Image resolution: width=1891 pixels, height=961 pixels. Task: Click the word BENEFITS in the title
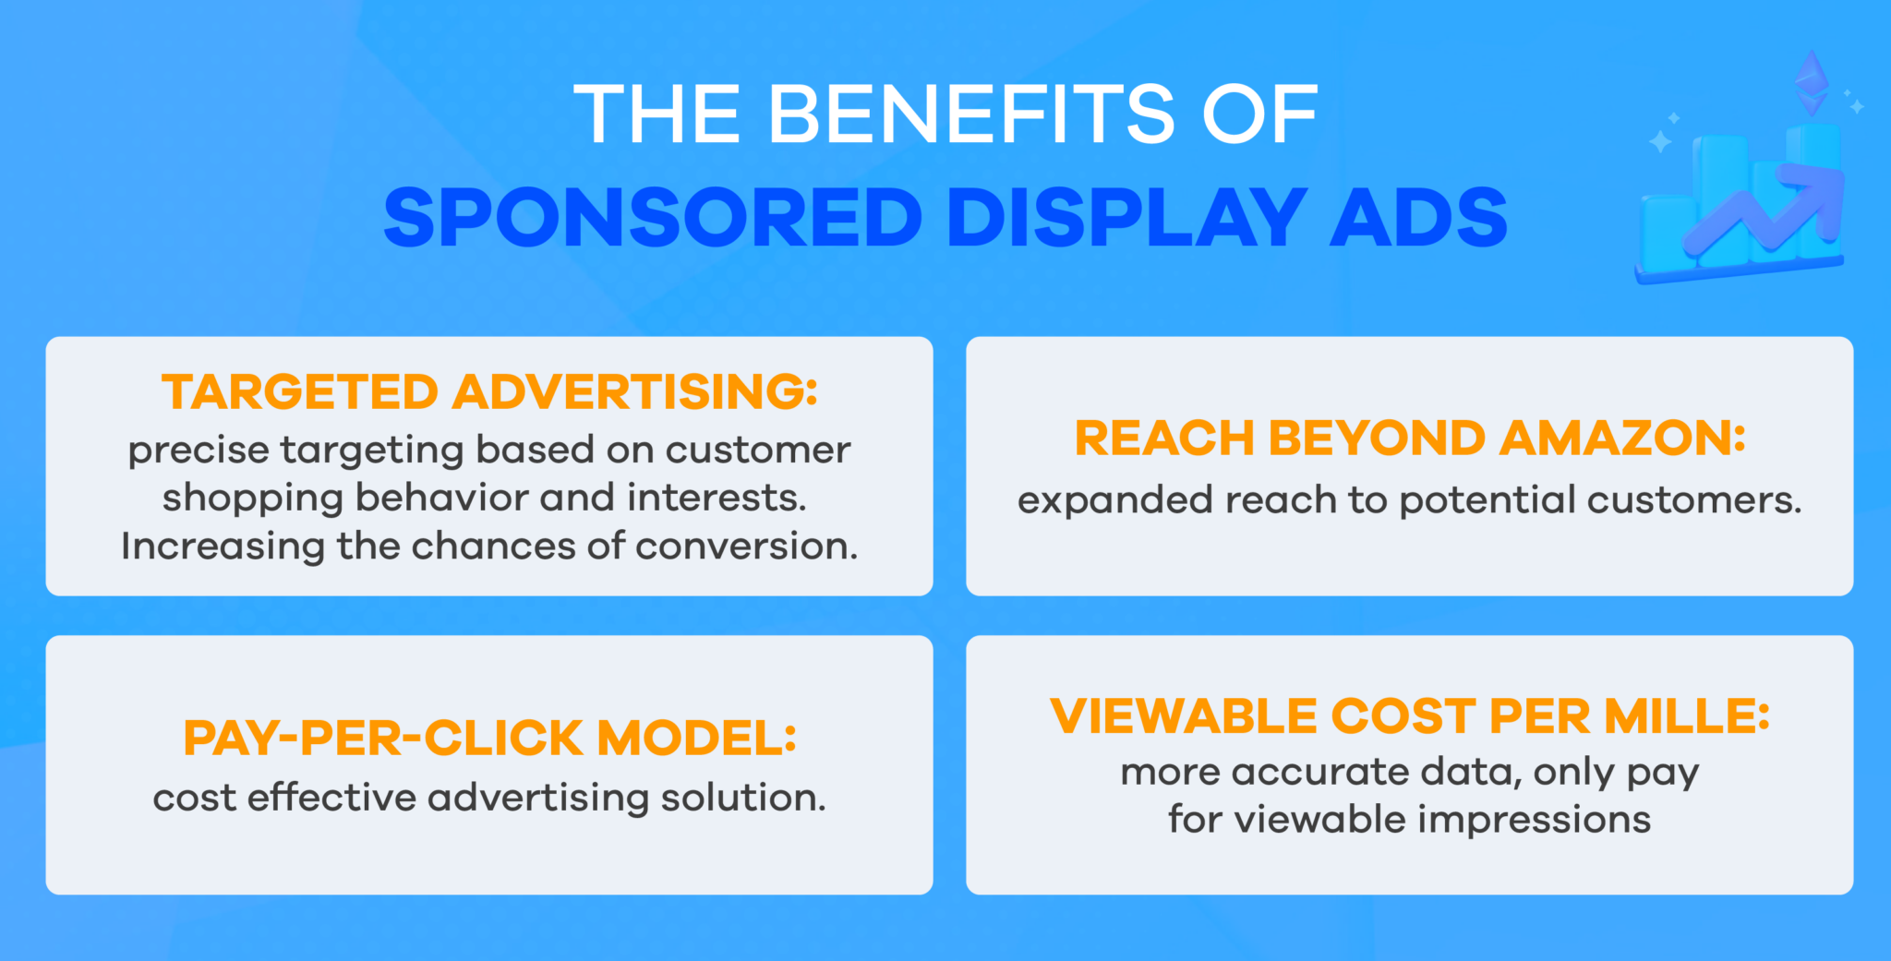pyautogui.click(x=971, y=114)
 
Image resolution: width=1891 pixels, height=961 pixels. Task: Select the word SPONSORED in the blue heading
pyautogui.click(x=653, y=218)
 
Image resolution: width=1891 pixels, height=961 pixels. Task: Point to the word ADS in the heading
pyautogui.click(x=1418, y=218)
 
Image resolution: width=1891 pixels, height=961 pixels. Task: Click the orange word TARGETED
pyautogui.click(x=300, y=391)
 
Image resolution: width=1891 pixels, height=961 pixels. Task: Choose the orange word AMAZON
pyautogui.click(x=1622, y=438)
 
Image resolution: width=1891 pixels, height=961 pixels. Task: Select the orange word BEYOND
pyautogui.click(x=1377, y=438)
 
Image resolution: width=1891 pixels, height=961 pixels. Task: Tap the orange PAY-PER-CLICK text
pyautogui.click(x=383, y=739)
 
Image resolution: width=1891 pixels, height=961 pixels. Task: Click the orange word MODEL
pyautogui.click(x=697, y=739)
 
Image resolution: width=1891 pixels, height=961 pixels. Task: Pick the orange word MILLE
pyautogui.click(x=1687, y=716)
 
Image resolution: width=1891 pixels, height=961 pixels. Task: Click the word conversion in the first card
pyautogui.click(x=746, y=547)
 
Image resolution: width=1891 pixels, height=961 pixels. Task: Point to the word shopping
pyautogui.click(x=252, y=499)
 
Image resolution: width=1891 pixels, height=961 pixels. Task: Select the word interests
pyautogui.click(x=717, y=499)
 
